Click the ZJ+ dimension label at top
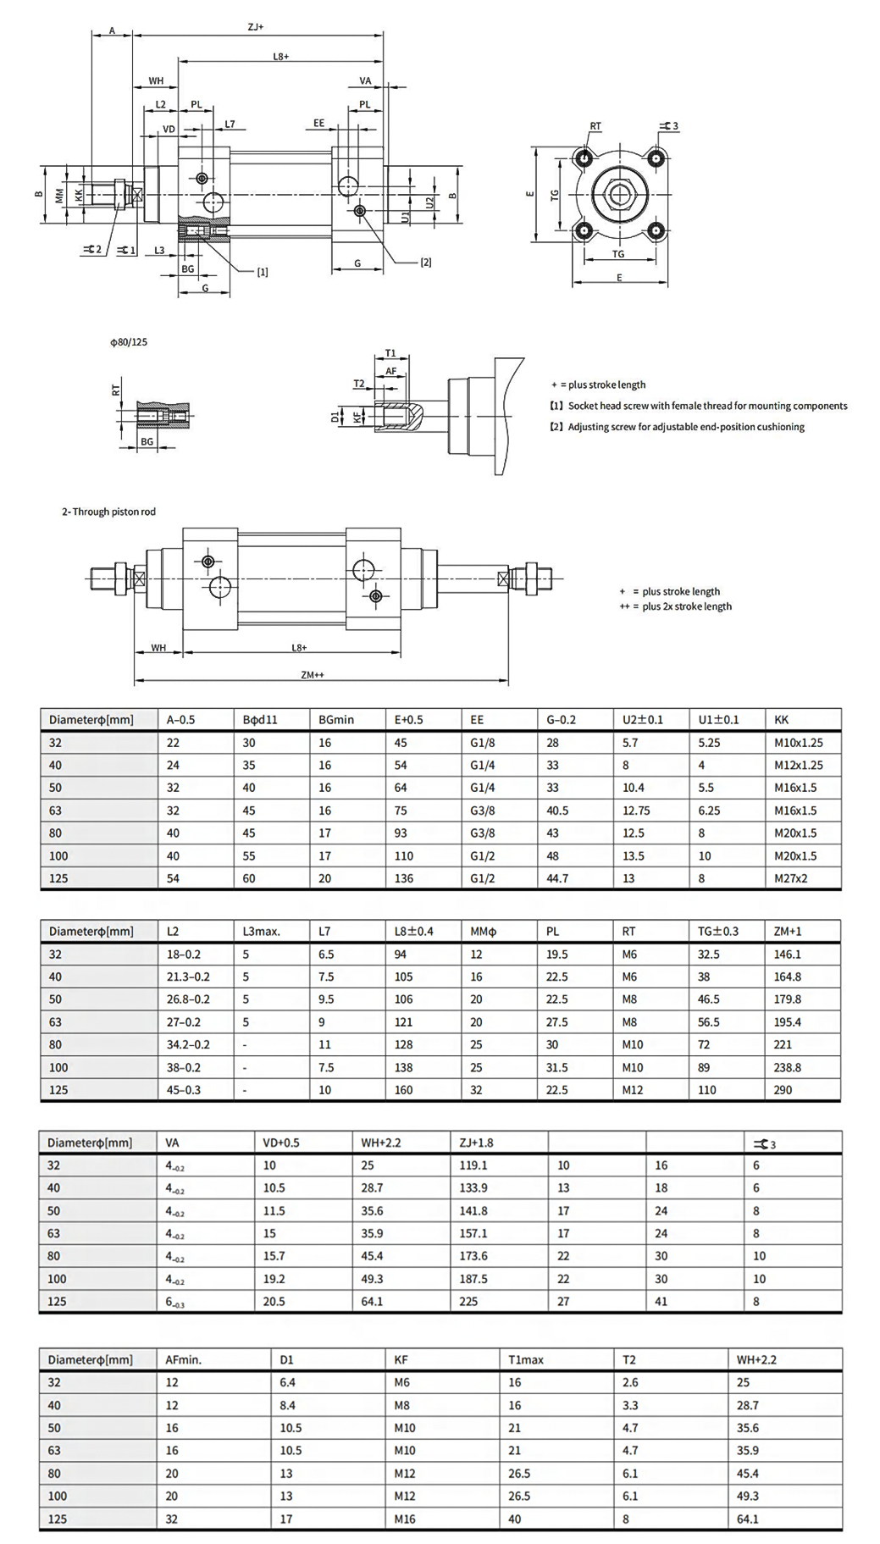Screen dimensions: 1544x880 pos(256,27)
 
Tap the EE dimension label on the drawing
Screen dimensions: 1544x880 pos(319,123)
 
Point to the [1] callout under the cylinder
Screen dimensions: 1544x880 pos(263,272)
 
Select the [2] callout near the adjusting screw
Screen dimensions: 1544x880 pos(426,263)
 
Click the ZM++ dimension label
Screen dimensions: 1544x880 pos(313,675)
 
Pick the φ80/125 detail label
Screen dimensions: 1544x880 pos(129,342)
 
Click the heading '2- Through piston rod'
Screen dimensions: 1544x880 pos(108,512)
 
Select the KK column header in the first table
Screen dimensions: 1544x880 pos(782,719)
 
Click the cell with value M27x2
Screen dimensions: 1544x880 pos(791,878)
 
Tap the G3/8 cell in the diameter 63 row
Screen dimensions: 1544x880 pos(483,811)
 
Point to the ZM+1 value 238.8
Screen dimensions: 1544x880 pos(788,1067)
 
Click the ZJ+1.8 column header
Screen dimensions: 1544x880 pos(476,1143)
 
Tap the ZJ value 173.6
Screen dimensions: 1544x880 pos(473,1256)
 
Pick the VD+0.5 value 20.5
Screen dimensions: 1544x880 pos(274,1302)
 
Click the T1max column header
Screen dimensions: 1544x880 pos(526,1359)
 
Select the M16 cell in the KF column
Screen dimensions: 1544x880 pos(405,1519)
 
